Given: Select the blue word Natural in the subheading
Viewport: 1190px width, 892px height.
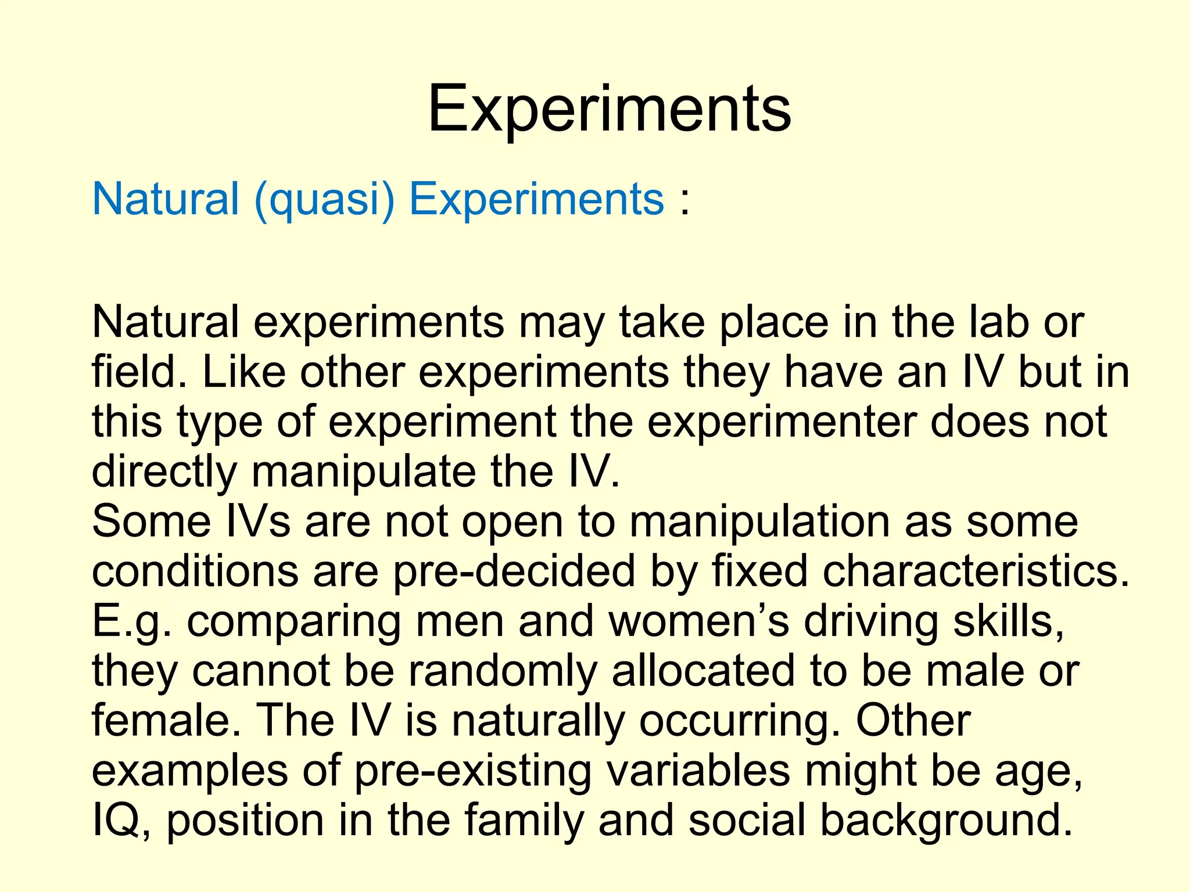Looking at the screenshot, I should [x=166, y=199].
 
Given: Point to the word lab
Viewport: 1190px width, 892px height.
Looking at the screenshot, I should [x=999, y=322].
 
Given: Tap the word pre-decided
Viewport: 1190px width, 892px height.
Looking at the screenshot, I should [x=514, y=571].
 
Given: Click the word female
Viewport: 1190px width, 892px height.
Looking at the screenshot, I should [x=166, y=721].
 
